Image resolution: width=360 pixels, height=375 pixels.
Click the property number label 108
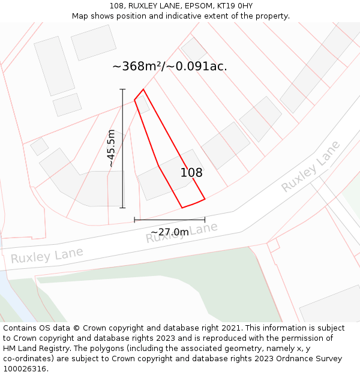pos(191,173)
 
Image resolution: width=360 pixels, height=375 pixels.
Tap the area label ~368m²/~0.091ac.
pos(169,67)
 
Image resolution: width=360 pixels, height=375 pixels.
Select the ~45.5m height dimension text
pos(111,148)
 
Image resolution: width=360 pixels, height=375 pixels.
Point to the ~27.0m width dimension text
pos(169,232)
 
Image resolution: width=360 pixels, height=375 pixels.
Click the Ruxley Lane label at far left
pos(46,256)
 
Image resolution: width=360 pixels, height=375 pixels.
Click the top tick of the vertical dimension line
pos(123,89)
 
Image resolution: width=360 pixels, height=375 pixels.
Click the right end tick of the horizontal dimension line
pos(205,220)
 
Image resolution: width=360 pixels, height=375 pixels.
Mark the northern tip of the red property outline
pos(143,90)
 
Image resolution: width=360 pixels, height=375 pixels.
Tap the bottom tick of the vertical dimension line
pos(123,208)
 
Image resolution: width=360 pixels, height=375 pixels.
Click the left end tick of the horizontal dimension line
pos(134,220)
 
